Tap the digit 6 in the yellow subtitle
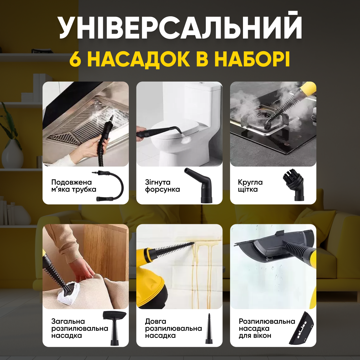click(75, 59)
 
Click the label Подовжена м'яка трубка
click(74, 186)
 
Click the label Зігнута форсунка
click(162, 186)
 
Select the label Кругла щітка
click(250, 186)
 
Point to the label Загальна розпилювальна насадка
click(80, 328)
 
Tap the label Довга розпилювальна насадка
click(173, 328)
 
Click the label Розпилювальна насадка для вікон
click(267, 328)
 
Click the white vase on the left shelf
click(13, 155)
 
